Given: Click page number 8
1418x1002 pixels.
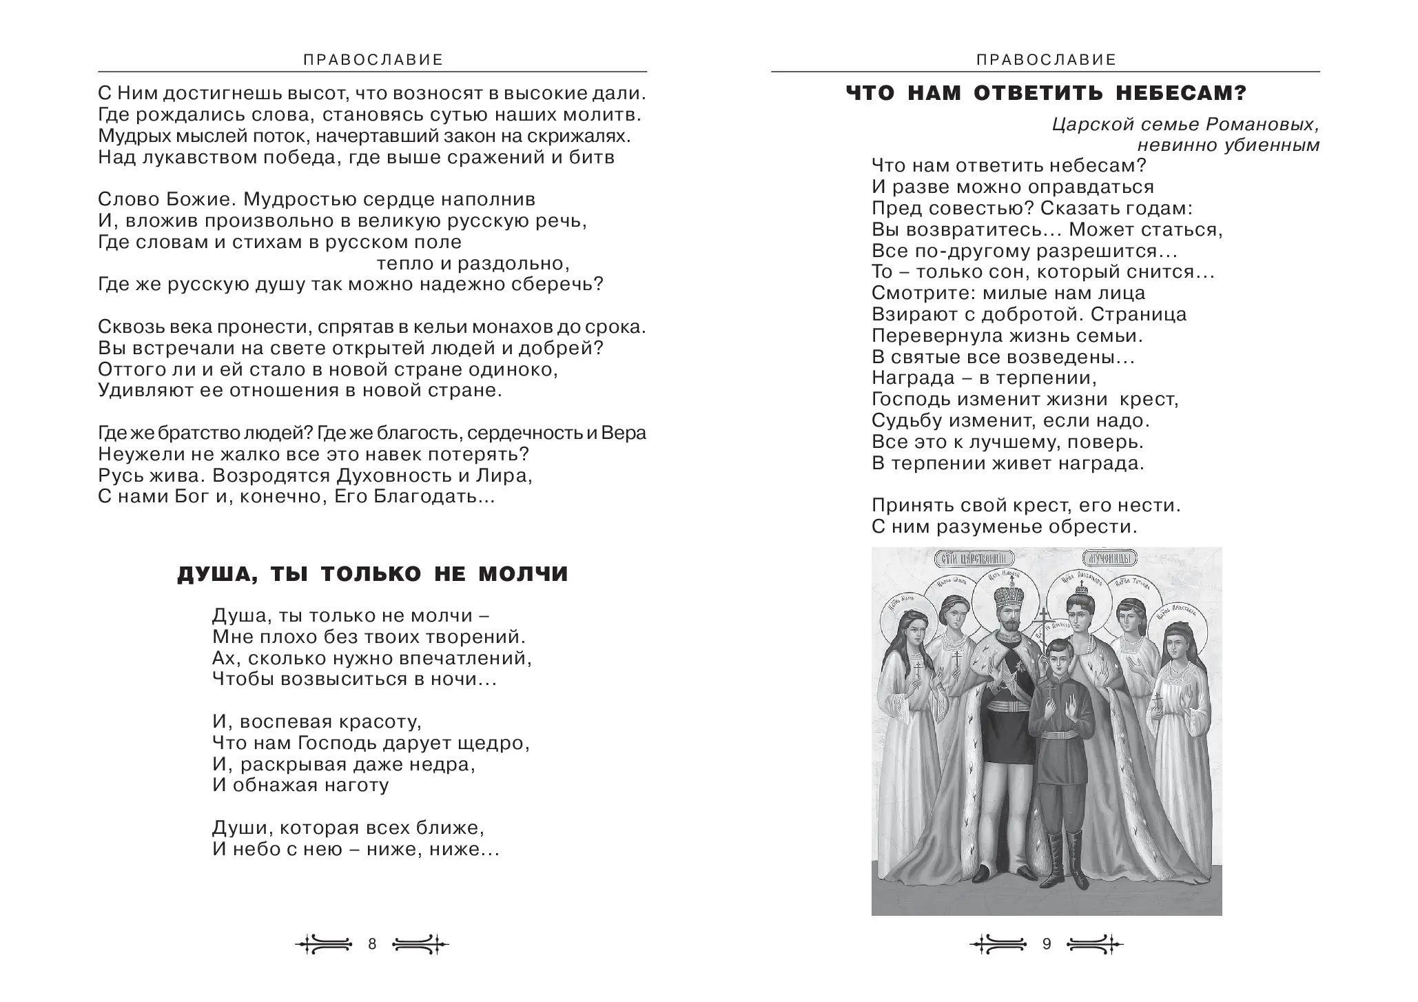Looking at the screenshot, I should click(372, 944).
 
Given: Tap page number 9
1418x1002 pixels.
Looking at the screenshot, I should click(1047, 944).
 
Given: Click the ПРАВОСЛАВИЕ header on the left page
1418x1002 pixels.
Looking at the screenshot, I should click(373, 60).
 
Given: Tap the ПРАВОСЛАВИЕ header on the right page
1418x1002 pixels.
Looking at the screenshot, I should click(1046, 60).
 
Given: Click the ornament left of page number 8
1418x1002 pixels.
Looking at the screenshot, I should click(324, 944).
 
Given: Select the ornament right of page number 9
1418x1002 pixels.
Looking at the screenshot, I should click(1095, 944).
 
